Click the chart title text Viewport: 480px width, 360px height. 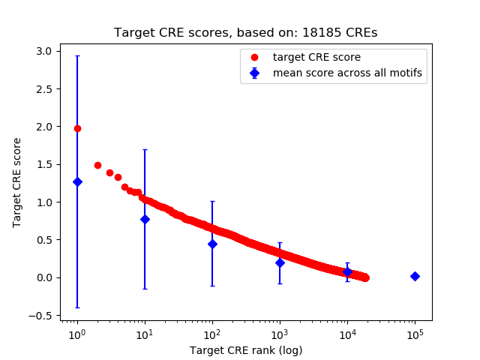click(245, 33)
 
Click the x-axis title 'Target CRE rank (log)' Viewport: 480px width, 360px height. click(245, 349)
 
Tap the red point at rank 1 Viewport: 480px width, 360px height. click(77, 128)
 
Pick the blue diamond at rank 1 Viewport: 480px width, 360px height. click(77, 181)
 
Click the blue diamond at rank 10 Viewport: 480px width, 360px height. click(145, 219)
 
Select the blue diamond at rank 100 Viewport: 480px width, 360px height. click(212, 244)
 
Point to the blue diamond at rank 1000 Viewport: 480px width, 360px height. click(280, 262)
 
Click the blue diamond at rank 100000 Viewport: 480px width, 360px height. click(415, 276)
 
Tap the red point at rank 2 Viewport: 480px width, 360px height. click(97, 165)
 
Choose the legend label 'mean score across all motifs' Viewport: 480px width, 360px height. click(347, 73)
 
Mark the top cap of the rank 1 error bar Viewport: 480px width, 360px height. click(77, 56)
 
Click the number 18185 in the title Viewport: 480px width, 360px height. click(328, 33)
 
